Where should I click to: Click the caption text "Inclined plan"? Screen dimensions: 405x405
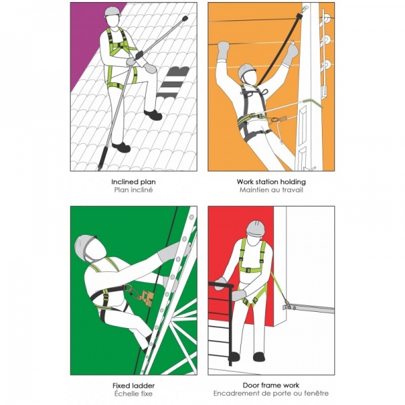click(x=133, y=182)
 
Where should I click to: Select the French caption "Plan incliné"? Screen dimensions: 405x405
click(x=133, y=190)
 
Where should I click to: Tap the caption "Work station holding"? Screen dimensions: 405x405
click(x=271, y=182)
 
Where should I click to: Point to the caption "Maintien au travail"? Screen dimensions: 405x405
click(x=271, y=190)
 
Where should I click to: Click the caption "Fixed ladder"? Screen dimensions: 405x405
click(x=134, y=385)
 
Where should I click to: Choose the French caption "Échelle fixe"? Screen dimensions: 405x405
click(x=133, y=394)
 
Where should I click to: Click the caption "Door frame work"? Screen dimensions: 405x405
click(x=271, y=385)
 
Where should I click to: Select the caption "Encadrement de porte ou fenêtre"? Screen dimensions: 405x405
click(x=271, y=394)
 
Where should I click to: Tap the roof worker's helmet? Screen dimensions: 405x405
click(x=113, y=11)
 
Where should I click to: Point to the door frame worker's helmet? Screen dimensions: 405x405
click(x=256, y=228)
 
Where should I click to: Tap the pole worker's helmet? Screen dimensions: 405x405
click(x=246, y=72)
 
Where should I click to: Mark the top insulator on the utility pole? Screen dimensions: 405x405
click(x=327, y=19)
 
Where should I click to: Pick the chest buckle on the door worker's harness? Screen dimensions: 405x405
click(x=248, y=270)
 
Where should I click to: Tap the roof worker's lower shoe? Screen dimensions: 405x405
click(x=121, y=147)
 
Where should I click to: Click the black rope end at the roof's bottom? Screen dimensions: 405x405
click(x=103, y=158)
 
